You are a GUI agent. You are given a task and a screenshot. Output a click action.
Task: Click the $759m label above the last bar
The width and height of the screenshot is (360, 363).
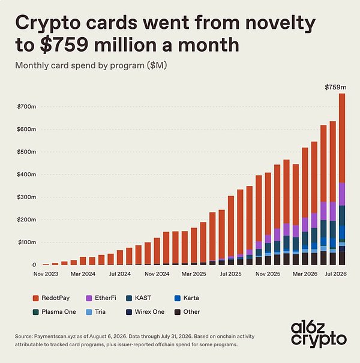pos(335,87)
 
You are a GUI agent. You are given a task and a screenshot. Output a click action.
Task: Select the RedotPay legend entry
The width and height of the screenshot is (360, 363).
pos(51,298)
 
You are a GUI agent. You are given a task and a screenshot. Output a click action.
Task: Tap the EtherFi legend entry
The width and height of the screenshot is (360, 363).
pos(101,298)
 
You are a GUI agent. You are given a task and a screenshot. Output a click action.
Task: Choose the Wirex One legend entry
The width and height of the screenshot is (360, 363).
pos(145,312)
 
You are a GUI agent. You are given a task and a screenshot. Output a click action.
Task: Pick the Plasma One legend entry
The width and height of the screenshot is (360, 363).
pos(55,312)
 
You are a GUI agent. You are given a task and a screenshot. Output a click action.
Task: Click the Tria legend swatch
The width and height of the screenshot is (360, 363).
pos(89,312)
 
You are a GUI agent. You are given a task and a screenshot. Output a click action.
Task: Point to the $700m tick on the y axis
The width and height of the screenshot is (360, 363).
pos(26,107)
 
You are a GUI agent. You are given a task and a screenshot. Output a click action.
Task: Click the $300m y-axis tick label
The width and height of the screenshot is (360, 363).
pos(26,197)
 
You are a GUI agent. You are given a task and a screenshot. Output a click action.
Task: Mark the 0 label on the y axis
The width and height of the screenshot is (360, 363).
pos(34,265)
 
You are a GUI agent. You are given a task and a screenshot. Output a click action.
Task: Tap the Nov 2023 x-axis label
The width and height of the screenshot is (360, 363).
pos(46,274)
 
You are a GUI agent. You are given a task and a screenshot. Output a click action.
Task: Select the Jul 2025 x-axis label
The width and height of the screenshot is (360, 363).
pos(230,274)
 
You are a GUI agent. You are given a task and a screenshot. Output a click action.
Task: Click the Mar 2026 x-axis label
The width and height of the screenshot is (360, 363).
pos(305,274)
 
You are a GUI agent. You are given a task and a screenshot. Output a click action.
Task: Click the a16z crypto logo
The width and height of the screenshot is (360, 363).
pos(319,335)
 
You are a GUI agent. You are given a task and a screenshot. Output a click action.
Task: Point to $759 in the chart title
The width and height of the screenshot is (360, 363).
pos(64,44)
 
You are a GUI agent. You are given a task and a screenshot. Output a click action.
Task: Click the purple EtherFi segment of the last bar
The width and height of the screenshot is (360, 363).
pos(342,194)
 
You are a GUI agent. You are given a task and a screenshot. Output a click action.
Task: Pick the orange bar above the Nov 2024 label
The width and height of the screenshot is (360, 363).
pos(157,251)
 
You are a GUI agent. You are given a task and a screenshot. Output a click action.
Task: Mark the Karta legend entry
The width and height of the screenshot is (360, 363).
pos(187,298)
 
